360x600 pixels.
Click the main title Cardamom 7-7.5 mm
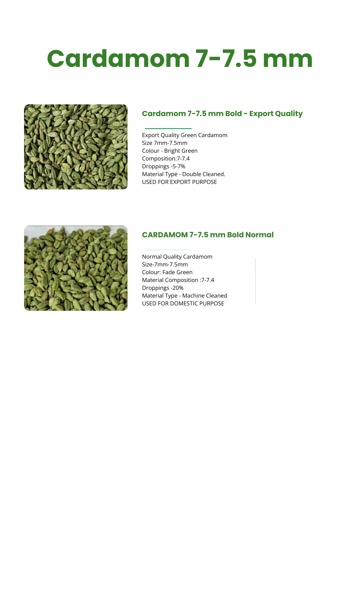pos(180,58)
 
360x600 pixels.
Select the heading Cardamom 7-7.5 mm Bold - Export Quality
pos(222,114)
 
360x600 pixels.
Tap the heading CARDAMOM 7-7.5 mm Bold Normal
pos(208,235)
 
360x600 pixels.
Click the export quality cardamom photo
pos(76,147)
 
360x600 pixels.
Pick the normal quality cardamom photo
pos(76,268)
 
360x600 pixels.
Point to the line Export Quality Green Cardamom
pos(184,135)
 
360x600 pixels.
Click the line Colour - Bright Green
pos(169,151)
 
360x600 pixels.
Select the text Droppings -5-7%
pos(163,166)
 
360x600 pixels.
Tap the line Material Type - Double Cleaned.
pos(183,174)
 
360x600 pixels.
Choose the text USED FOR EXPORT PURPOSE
pos(179,182)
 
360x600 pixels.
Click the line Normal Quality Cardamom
pos(177,257)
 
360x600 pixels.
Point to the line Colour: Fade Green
pos(167,272)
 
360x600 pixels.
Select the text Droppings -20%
pos(163,288)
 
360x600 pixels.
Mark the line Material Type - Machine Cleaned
pos(184,296)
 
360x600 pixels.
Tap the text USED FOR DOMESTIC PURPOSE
pos(183,304)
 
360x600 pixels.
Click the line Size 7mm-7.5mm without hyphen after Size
pos(164,143)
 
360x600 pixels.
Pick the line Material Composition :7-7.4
pos(178,280)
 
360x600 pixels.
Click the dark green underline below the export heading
pos(168,128)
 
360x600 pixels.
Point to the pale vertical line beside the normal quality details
pos(255,281)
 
